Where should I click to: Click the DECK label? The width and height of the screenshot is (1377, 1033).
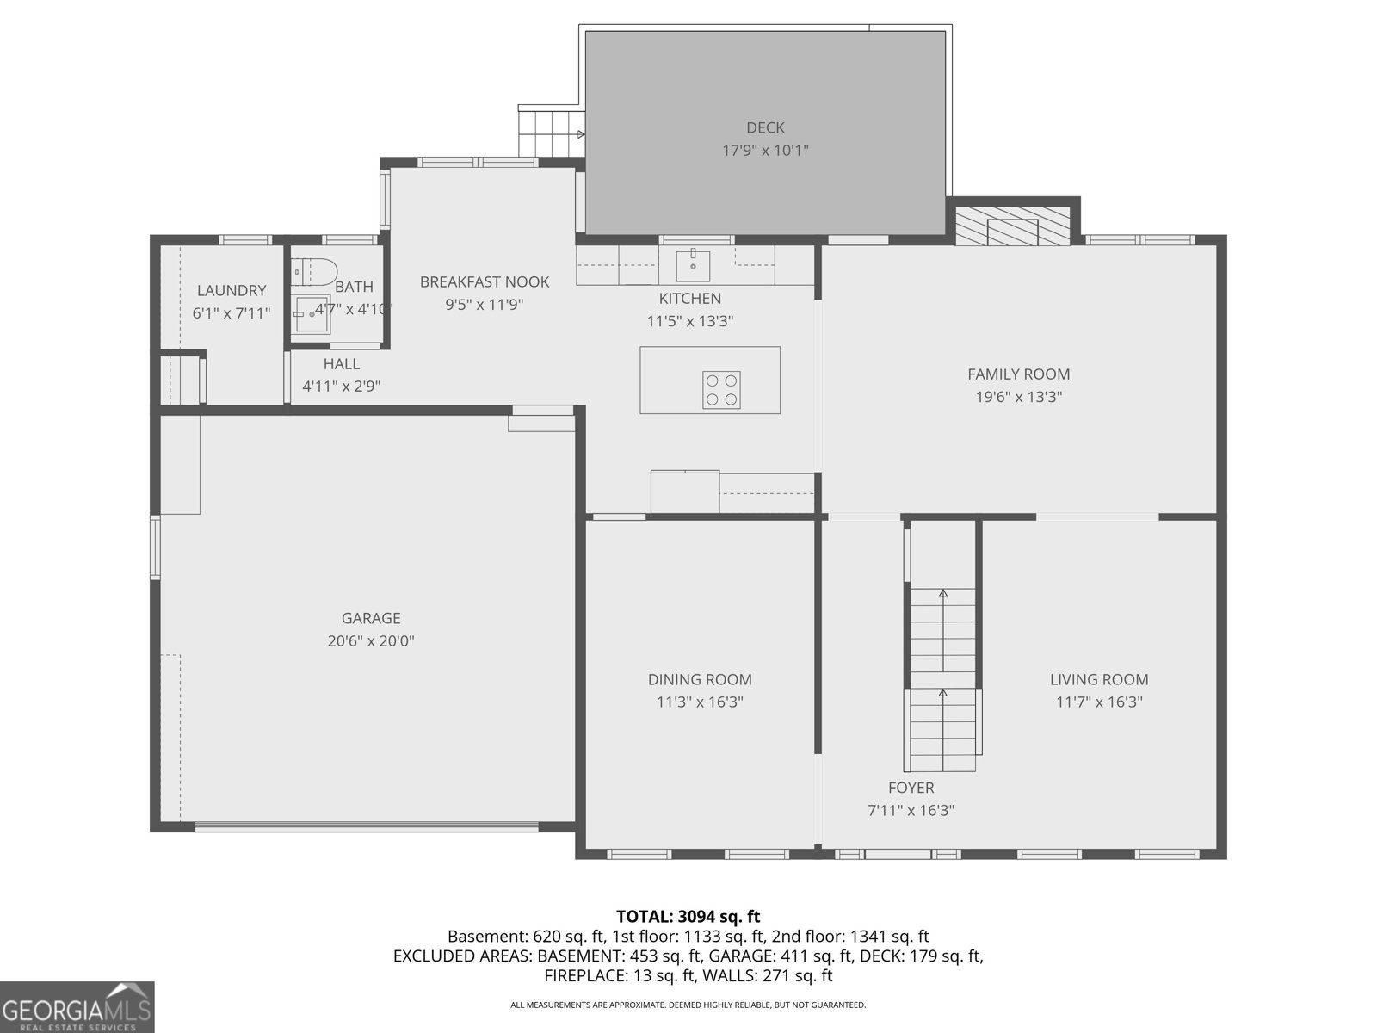click(x=764, y=128)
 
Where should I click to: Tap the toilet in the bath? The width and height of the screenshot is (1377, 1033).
click(x=312, y=273)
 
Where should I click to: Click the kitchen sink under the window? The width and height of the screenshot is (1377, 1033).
click(x=693, y=265)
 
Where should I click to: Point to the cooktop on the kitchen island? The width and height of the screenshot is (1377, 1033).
click(x=721, y=390)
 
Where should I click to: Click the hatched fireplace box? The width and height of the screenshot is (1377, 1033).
click(x=1012, y=226)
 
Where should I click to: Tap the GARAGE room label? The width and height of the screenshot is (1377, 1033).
click(x=371, y=618)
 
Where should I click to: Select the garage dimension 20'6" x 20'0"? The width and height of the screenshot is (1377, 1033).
click(x=371, y=641)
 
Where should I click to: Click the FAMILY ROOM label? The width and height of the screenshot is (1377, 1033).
click(x=1018, y=374)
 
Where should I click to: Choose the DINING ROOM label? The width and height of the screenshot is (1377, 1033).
click(x=700, y=680)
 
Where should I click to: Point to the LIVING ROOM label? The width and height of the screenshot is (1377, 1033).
click(x=1099, y=680)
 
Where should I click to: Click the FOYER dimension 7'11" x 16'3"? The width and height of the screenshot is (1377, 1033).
click(x=911, y=811)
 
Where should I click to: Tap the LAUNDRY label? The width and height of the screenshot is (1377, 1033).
click(x=232, y=291)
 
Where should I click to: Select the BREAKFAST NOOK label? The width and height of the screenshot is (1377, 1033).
click(x=484, y=282)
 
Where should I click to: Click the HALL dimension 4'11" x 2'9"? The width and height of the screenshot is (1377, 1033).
click(x=341, y=387)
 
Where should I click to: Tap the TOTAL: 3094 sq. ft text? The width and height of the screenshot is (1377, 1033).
click(x=688, y=917)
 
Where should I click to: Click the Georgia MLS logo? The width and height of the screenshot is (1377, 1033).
click(x=77, y=1007)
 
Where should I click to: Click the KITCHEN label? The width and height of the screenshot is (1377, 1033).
click(x=689, y=299)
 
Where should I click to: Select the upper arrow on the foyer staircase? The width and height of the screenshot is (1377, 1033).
click(x=943, y=593)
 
